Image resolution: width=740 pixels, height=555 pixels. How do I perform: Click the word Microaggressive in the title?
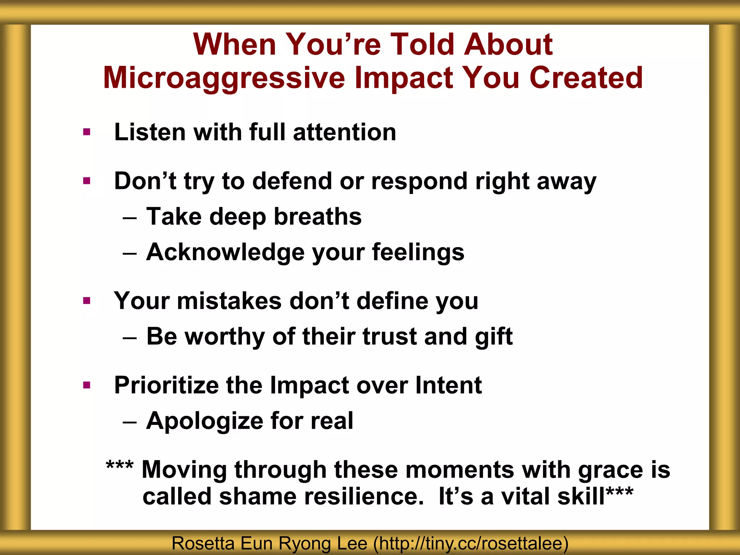coord(224,78)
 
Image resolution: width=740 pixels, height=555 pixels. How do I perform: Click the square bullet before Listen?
coord(86,132)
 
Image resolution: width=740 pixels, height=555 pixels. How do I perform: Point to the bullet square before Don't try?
coord(86,181)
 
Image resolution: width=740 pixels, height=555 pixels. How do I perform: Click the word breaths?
coord(318,217)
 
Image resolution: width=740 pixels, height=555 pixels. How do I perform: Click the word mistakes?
coord(229,301)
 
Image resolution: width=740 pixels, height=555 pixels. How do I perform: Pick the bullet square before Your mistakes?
coord(86,301)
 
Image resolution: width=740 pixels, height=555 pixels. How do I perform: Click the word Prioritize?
coord(166,386)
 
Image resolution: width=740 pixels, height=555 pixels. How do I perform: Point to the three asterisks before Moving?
coord(120,465)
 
